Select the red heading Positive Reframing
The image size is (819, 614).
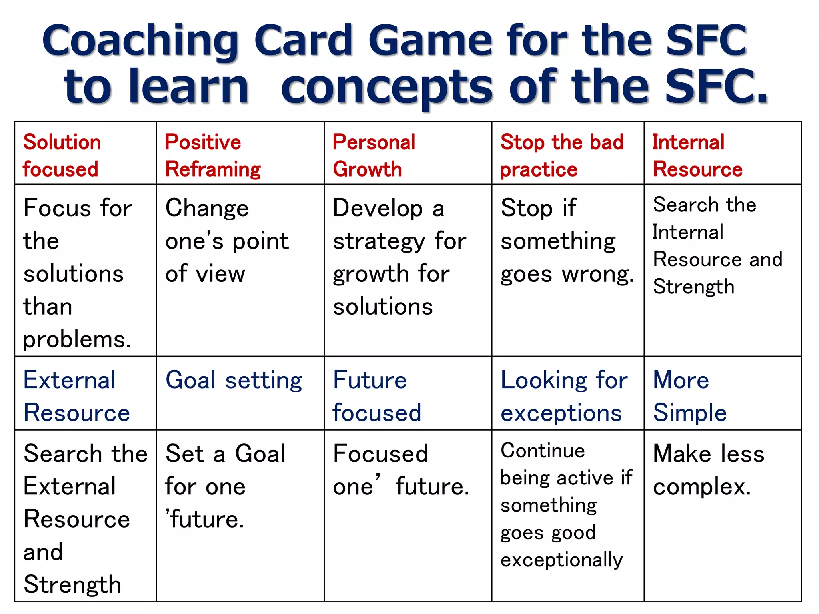(212, 155)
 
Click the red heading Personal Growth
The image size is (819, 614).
(374, 155)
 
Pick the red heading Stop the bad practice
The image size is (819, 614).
(561, 155)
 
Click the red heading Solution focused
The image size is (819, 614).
(62, 155)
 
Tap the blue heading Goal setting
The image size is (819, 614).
(234, 380)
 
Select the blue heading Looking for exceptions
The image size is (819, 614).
(563, 396)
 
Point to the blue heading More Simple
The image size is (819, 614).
(689, 396)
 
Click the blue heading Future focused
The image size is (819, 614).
(377, 396)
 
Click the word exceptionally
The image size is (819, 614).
(561, 560)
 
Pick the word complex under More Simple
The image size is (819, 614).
(701, 487)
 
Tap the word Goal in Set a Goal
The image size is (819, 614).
(260, 454)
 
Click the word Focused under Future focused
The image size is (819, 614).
(380, 454)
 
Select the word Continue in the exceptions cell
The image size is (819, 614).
(543, 451)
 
